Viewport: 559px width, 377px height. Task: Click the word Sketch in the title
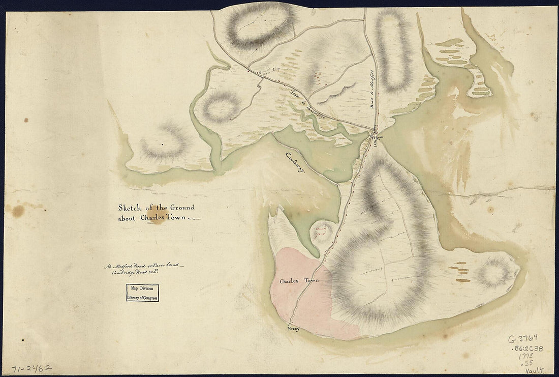tap(129, 208)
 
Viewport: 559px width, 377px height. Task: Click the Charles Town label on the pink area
tap(299, 281)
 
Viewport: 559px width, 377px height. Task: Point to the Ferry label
tap(294, 329)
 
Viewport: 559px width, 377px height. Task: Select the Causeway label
tap(295, 164)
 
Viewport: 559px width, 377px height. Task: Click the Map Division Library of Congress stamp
tap(142, 293)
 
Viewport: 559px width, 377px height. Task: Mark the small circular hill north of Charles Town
tap(323, 231)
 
